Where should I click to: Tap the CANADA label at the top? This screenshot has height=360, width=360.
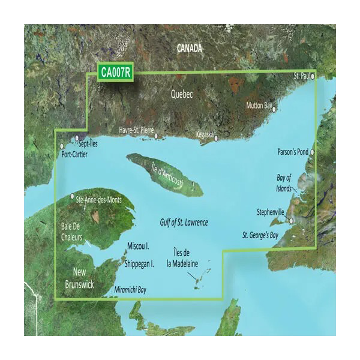pyautogui.click(x=190, y=49)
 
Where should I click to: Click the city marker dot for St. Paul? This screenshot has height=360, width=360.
pyautogui.click(x=313, y=76)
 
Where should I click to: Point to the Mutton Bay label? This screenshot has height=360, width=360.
pyautogui.click(x=259, y=106)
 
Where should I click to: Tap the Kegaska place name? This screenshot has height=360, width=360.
pyautogui.click(x=205, y=135)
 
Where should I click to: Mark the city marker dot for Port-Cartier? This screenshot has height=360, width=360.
pyautogui.click(x=61, y=146)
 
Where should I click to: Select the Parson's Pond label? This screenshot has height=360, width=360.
pyautogui.click(x=293, y=152)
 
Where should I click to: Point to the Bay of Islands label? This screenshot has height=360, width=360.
pyautogui.click(x=284, y=182)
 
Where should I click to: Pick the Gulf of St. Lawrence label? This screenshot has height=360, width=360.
pyautogui.click(x=184, y=223)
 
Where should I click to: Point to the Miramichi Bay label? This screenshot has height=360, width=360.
pyautogui.click(x=130, y=290)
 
